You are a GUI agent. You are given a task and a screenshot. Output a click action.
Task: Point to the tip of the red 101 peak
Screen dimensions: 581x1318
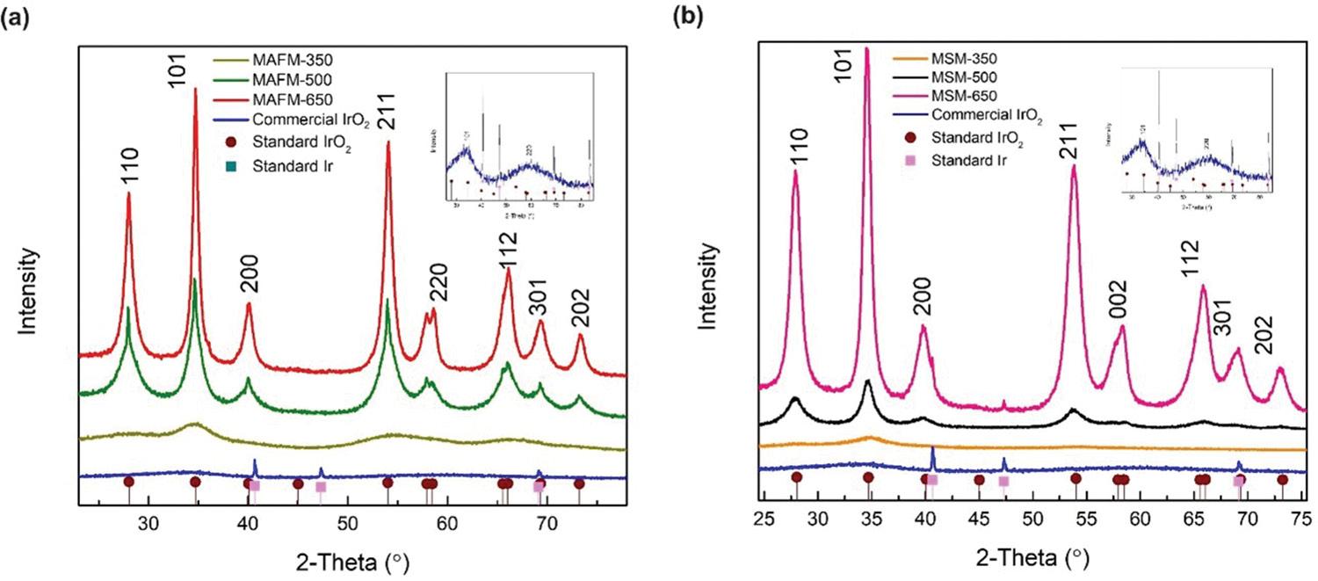tap(195, 89)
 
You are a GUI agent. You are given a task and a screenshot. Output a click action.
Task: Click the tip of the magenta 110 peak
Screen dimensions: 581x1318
tap(796, 171)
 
